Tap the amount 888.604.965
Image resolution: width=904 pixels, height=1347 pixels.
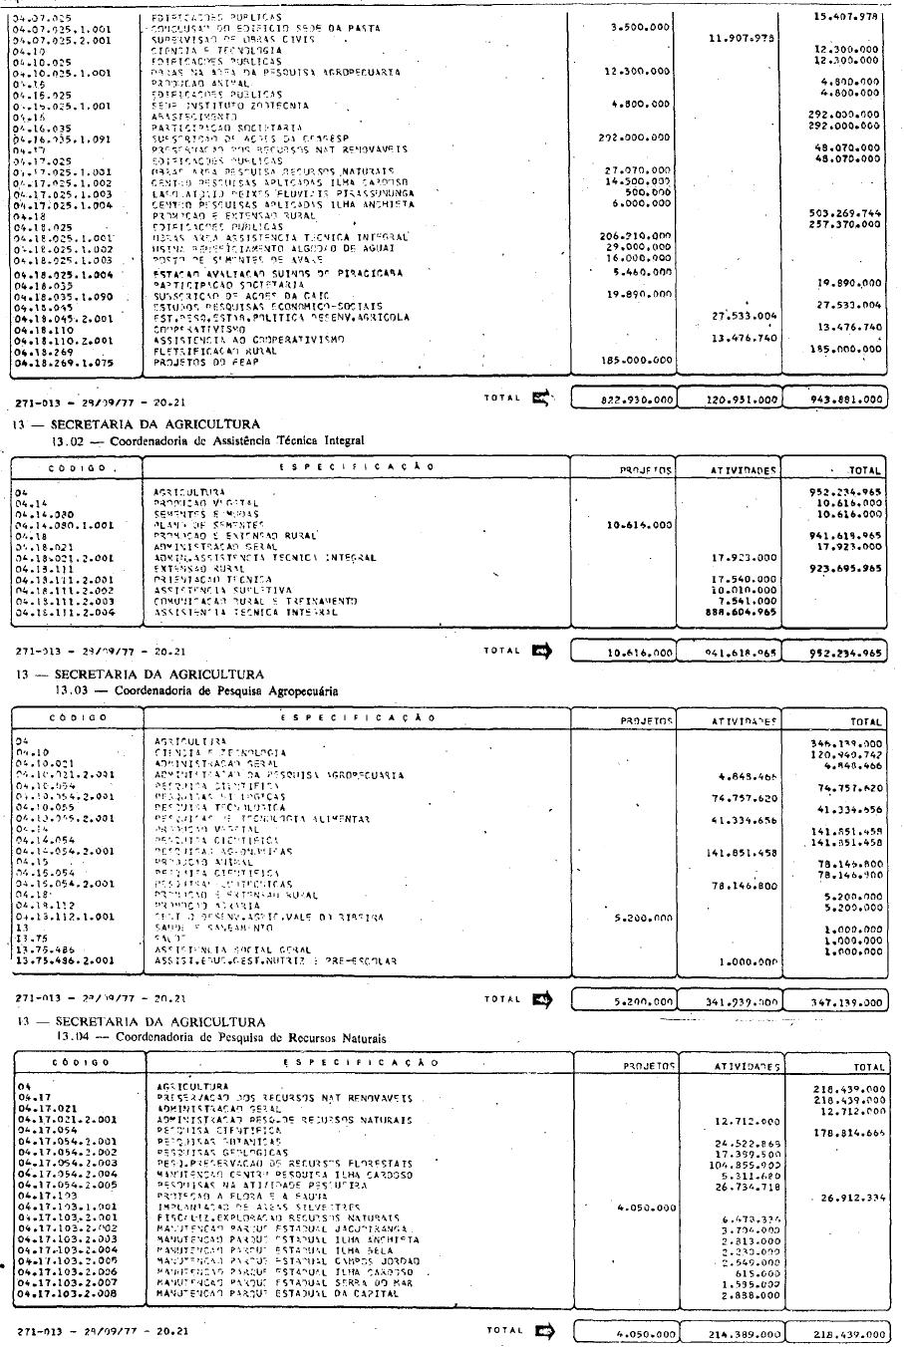(739, 613)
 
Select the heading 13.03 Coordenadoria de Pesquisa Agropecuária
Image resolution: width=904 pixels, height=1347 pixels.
(196, 689)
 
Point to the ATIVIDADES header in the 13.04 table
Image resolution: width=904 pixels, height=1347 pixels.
(739, 1066)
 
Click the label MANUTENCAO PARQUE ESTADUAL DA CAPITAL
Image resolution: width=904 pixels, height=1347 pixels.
(278, 1293)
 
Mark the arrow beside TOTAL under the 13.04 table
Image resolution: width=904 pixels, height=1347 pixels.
(545, 1330)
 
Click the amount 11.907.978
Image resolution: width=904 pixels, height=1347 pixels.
(741, 39)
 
